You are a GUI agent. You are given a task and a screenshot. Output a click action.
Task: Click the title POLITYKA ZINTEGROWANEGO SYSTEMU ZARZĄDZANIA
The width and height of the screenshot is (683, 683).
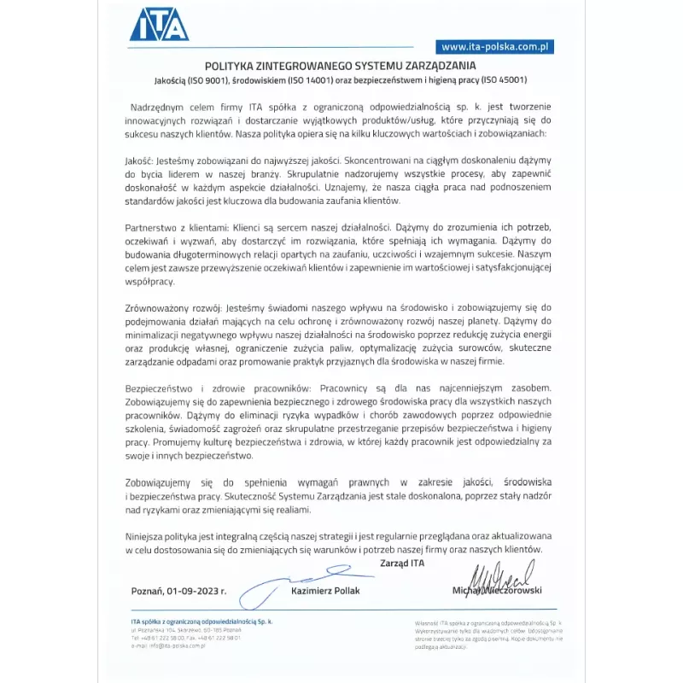coord(341,66)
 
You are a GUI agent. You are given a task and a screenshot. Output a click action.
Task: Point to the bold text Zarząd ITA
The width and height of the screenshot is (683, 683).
coord(402,563)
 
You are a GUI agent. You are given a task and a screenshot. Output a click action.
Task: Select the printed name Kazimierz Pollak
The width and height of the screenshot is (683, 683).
coord(325,591)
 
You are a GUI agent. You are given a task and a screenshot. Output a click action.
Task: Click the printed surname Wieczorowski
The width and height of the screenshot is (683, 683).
coord(511,591)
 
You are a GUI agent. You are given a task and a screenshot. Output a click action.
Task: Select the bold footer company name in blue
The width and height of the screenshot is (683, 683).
coord(201,622)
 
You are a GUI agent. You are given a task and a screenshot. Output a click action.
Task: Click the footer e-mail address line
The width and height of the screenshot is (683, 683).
coord(169,645)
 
